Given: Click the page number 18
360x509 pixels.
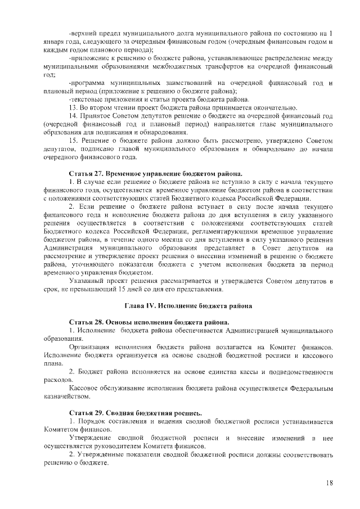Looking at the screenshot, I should tap(329, 483).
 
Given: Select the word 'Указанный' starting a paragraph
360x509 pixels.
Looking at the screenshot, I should tap(87, 281).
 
